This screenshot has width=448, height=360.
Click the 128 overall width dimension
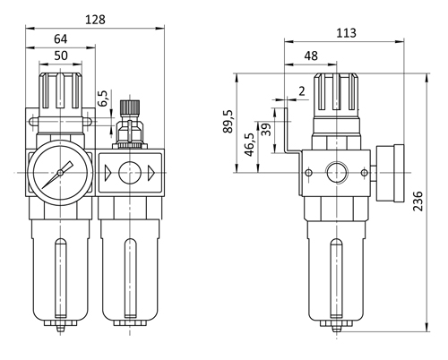click(x=95, y=20)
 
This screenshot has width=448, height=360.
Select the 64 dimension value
click(x=61, y=39)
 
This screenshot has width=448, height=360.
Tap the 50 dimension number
click(x=61, y=56)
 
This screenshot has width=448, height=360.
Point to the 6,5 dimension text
click(x=103, y=99)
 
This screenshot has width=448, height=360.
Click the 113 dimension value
click(x=346, y=33)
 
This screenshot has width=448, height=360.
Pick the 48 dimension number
click(x=311, y=56)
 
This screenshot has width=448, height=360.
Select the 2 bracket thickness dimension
click(x=302, y=91)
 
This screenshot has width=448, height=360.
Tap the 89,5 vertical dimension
click(x=228, y=121)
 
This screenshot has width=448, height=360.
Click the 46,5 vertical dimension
click(x=249, y=145)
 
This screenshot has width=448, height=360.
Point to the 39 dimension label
click(x=266, y=130)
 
